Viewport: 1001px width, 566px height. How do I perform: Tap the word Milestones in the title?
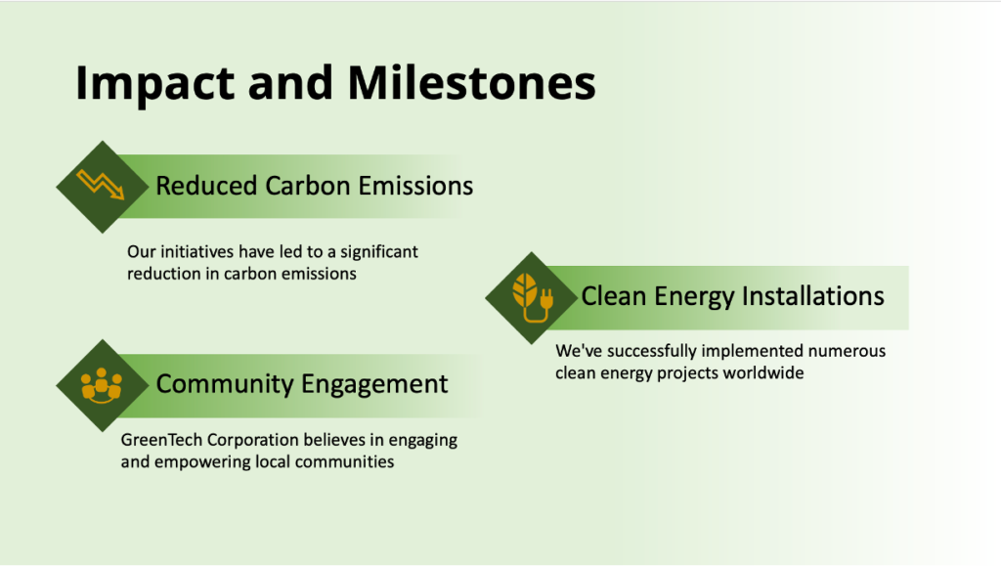(471, 83)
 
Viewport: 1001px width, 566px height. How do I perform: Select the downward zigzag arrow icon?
(101, 185)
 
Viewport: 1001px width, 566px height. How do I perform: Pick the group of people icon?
(102, 385)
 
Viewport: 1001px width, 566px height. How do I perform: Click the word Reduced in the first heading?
(207, 186)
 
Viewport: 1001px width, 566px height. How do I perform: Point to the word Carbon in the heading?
(308, 186)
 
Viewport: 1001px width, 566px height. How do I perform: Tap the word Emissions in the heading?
(415, 186)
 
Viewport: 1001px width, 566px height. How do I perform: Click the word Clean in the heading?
(614, 296)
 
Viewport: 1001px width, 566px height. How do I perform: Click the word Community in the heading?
(225, 384)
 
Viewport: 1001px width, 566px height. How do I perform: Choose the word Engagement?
(374, 385)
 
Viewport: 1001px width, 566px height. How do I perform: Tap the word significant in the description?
(379, 252)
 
